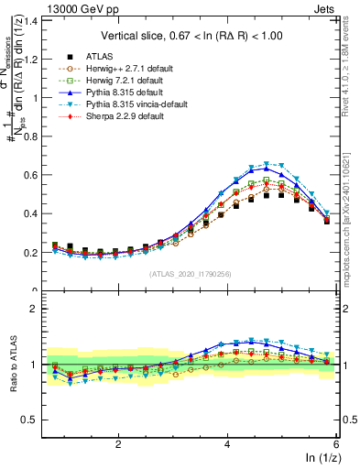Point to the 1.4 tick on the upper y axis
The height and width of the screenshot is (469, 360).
[34, 19]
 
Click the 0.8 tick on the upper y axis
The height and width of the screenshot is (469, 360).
[34, 136]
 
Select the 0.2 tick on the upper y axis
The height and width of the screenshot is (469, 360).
[34, 252]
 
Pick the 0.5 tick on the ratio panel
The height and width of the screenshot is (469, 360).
[34, 420]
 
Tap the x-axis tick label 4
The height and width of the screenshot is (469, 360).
[227, 443]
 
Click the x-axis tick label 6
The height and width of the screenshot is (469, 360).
[336, 443]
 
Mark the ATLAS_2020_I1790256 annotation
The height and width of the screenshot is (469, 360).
[191, 273]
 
